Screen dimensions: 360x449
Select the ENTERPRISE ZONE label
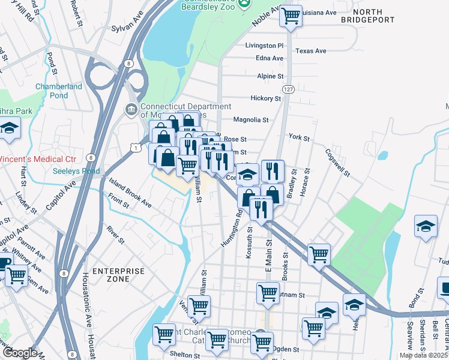point(118,275)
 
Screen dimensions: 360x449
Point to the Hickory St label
point(266,98)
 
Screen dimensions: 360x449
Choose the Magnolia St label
point(250,120)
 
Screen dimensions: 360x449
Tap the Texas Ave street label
point(311,51)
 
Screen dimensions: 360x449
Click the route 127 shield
point(289,89)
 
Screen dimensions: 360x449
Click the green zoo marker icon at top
point(244,4)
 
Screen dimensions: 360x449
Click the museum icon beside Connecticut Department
point(131,110)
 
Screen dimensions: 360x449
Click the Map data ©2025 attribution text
point(423,355)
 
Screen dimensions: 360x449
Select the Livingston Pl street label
point(264,46)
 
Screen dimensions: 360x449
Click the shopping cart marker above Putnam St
point(268,293)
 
